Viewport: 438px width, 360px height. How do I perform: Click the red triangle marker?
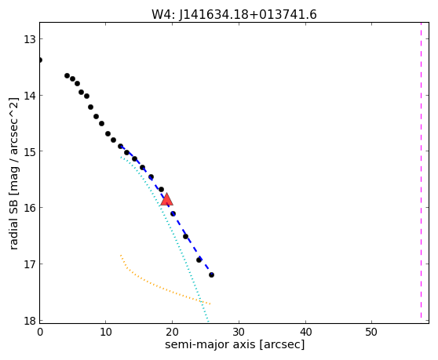166,199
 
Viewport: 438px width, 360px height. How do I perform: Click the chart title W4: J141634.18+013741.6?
234,15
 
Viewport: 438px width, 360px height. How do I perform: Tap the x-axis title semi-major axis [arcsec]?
235,344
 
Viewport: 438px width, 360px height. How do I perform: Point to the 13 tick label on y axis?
29,40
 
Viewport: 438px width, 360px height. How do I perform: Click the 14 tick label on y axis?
29,96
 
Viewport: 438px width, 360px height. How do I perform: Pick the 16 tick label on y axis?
29,208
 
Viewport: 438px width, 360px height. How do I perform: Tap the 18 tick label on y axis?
29,320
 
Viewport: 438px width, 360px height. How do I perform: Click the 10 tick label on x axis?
106,332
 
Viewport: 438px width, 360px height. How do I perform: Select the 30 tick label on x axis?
239,332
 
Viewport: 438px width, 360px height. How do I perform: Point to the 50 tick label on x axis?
371,332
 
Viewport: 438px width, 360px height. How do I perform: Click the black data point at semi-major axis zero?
40,60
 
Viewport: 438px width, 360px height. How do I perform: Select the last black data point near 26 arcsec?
211,275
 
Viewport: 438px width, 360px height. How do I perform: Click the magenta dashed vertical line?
421,170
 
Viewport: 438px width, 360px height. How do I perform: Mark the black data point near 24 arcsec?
199,260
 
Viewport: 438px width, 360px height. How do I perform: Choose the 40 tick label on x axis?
305,332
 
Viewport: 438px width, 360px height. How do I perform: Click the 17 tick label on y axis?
29,264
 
